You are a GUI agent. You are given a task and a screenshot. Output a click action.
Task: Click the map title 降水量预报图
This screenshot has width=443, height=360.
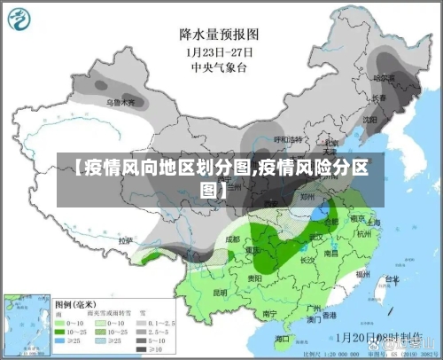(x=219, y=35)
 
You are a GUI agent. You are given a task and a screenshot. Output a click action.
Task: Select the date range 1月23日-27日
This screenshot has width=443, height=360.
(x=219, y=51)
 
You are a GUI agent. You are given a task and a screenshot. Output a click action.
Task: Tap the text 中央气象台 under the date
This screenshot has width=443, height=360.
(x=219, y=66)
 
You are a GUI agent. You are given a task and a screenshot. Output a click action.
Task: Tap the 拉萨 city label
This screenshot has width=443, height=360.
(x=126, y=239)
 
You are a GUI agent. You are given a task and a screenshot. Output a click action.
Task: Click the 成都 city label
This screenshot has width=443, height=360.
(x=233, y=239)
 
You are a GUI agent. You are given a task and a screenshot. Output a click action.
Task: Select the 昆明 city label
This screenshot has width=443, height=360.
(x=220, y=292)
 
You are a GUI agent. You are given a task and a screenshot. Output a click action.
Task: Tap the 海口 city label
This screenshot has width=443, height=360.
(x=283, y=339)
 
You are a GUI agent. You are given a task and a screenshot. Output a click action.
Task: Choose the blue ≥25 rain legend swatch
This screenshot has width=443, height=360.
(x=63, y=340)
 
